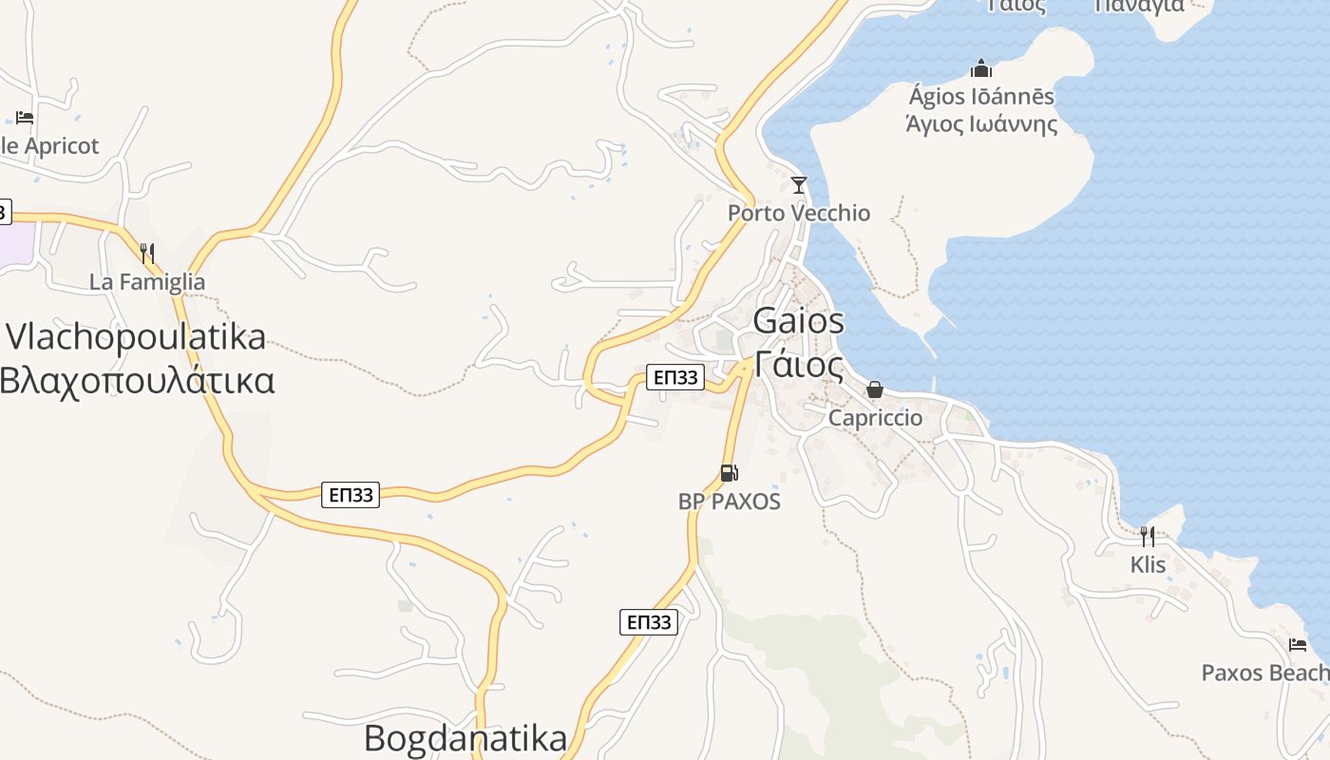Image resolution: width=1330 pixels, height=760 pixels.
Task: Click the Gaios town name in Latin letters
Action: [x=798, y=321]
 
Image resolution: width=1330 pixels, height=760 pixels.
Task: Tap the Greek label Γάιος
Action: [x=799, y=364]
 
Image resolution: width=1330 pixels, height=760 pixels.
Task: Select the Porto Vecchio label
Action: [x=798, y=213]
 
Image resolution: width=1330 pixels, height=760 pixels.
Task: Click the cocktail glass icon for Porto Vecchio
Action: [x=799, y=184]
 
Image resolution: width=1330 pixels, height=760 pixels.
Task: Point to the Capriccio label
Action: [x=875, y=418]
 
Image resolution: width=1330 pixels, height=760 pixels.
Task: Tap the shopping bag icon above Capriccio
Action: [x=875, y=389]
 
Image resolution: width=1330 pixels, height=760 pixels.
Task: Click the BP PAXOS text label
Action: [x=729, y=502]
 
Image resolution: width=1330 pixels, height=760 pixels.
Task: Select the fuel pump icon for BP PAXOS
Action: [x=729, y=473]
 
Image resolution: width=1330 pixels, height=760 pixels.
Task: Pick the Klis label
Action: [x=1148, y=564]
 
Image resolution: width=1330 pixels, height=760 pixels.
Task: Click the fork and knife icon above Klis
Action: [x=1148, y=537]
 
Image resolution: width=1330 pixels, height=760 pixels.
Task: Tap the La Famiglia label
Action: [x=147, y=282]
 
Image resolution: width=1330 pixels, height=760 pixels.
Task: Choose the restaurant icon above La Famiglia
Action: [x=147, y=254]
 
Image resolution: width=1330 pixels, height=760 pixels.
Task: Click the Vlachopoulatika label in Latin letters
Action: [x=136, y=337]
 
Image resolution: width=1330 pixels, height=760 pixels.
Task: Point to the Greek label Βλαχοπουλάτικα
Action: [x=137, y=380]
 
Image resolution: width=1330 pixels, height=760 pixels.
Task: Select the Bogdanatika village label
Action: [x=465, y=738]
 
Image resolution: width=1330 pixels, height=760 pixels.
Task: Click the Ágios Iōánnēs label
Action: [x=981, y=97]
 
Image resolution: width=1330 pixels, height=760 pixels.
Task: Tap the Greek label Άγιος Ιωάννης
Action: [x=981, y=124]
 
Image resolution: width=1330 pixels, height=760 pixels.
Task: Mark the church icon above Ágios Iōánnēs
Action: [x=981, y=68]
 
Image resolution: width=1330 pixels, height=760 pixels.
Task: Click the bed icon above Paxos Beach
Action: [x=1298, y=645]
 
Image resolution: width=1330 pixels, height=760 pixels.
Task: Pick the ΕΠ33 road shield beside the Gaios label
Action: [x=674, y=377]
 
